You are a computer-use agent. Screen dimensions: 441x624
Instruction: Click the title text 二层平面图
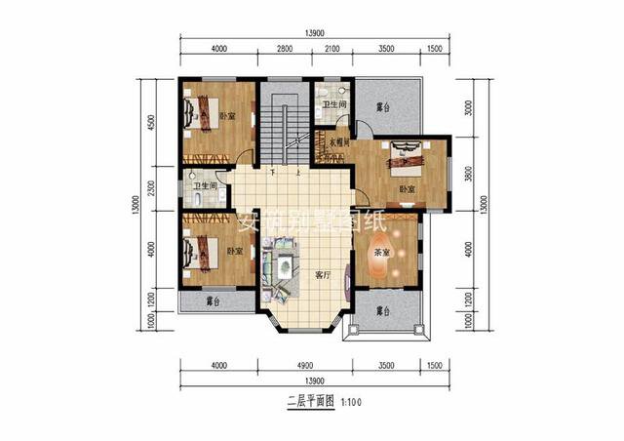pos(309,400)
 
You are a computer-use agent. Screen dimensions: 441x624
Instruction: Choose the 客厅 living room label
pos(324,275)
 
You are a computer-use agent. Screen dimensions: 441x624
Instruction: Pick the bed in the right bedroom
pos(407,153)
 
